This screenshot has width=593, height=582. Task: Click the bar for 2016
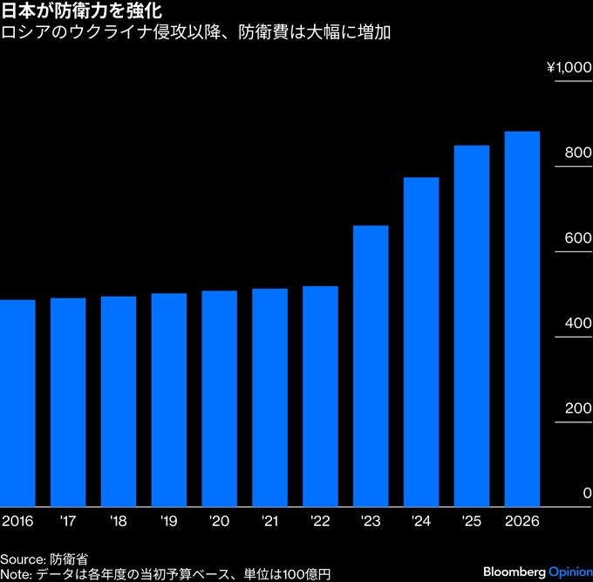tap(17, 402)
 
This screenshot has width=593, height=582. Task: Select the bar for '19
tap(168, 399)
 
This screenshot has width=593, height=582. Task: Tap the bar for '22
tap(320, 395)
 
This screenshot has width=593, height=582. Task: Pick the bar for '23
tap(371, 365)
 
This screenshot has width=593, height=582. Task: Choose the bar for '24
tap(421, 341)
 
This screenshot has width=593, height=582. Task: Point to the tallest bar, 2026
tap(521, 318)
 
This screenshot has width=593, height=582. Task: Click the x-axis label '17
tap(67, 521)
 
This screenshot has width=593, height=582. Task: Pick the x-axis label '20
tap(219, 521)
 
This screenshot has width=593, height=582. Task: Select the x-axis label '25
tap(471, 521)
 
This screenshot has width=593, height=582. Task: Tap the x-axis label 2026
tap(522, 521)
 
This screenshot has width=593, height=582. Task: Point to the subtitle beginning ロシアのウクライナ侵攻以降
tap(197, 34)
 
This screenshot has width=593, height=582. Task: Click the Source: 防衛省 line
tap(44, 558)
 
